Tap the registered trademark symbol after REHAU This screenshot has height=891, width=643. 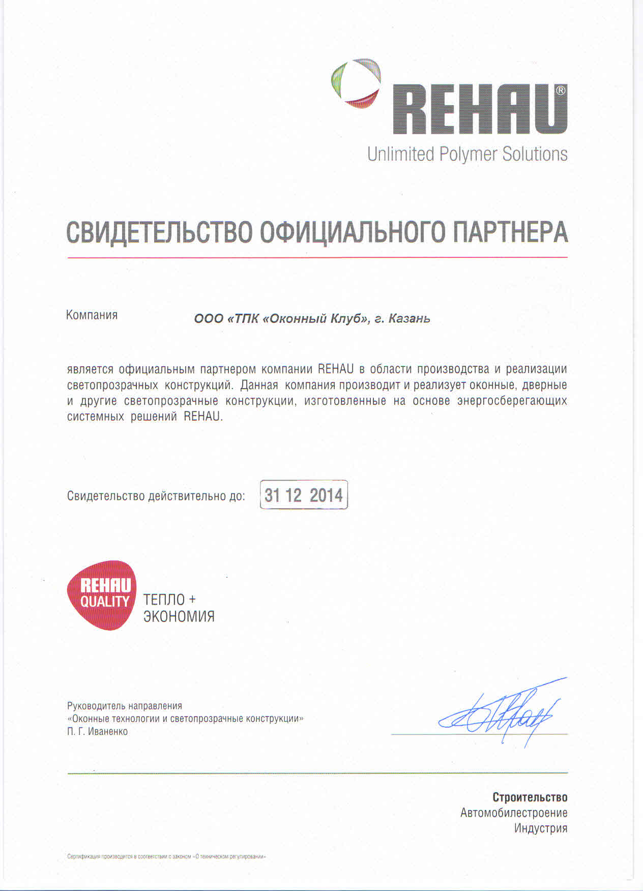(560, 91)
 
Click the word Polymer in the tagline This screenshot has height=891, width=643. (467, 154)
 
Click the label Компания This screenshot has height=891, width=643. (92, 315)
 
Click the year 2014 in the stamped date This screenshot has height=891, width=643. (326, 495)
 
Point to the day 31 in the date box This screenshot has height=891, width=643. (272, 495)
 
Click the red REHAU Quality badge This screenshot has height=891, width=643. (102, 595)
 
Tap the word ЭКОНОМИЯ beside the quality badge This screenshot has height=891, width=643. (179, 616)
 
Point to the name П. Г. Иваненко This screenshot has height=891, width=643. (97, 731)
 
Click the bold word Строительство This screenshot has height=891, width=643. (530, 797)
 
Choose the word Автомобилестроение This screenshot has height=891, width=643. (514, 813)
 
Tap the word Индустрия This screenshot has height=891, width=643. (540, 828)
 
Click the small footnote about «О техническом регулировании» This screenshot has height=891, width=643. (166, 856)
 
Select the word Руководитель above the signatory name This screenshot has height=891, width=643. (96, 706)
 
